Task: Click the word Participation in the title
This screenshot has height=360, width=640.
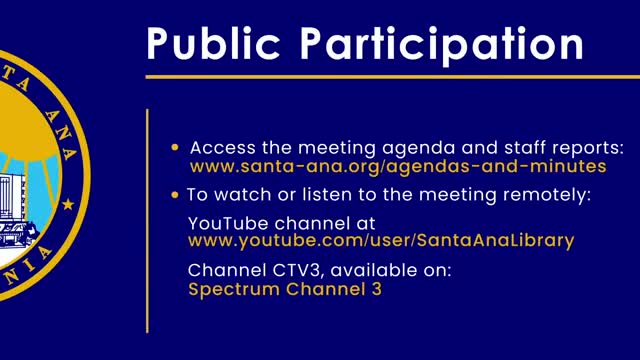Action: [x=442, y=45]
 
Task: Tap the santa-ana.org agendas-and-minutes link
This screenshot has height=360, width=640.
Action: [x=398, y=167]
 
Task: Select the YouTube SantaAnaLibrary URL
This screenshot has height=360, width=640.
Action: [x=381, y=241]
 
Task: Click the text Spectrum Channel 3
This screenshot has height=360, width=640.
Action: [x=285, y=289]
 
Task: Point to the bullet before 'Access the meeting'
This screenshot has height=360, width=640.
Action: [x=175, y=147]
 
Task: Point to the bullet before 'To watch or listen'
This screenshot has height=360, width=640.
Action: [x=175, y=195]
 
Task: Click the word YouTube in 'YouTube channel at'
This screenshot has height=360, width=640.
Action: [x=228, y=224]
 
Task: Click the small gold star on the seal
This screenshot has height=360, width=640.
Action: [x=68, y=204]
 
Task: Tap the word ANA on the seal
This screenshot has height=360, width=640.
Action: [x=61, y=135]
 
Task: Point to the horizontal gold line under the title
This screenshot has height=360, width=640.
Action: [x=393, y=77]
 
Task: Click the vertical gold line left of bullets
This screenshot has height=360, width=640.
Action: [x=147, y=221]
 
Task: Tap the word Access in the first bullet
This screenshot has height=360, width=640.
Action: [x=222, y=148]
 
